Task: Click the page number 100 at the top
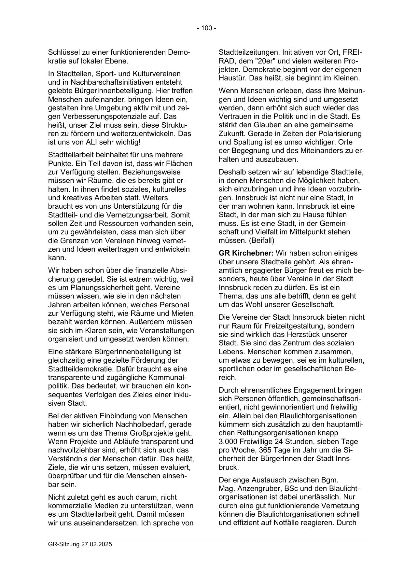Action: click(206, 28)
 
